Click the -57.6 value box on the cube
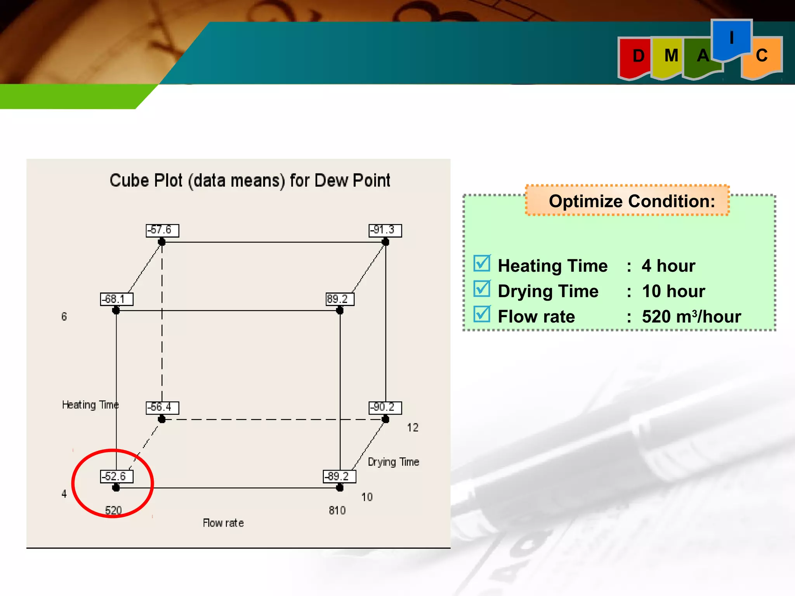pyautogui.click(x=162, y=230)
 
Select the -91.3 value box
pyautogui.click(x=385, y=230)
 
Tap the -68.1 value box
pyautogui.click(x=116, y=299)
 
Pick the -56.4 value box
pyautogui.click(x=162, y=407)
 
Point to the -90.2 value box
pyautogui.click(x=385, y=407)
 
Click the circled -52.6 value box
pyautogui.click(x=116, y=476)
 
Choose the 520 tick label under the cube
pyautogui.click(x=113, y=510)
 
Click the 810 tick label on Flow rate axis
pyautogui.click(x=337, y=510)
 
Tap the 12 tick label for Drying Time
pyautogui.click(x=413, y=428)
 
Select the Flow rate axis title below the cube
pyautogui.click(x=223, y=523)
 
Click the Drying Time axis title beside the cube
pyautogui.click(x=393, y=462)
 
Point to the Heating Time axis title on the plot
pyautogui.click(x=90, y=405)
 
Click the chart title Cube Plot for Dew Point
pyautogui.click(x=250, y=181)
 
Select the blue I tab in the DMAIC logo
pyautogui.click(x=731, y=39)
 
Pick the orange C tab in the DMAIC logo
pyautogui.click(x=762, y=56)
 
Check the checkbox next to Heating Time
pyautogui.click(x=482, y=263)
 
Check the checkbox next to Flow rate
pyautogui.click(x=482, y=314)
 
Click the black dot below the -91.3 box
pyautogui.click(x=385, y=242)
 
